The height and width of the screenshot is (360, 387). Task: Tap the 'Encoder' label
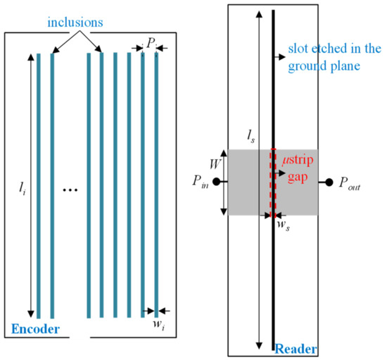pyautogui.click(x=33, y=328)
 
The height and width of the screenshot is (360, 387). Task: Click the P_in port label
pyautogui.click(x=199, y=182)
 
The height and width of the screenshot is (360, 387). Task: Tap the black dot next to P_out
pyautogui.click(x=328, y=182)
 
